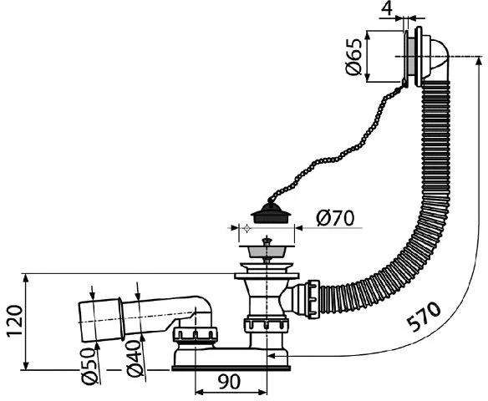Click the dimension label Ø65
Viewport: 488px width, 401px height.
coord(354,57)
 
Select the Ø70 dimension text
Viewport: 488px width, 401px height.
coord(335,218)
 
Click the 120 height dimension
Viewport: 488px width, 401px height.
coord(13,322)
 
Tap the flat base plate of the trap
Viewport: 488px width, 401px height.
coord(234,361)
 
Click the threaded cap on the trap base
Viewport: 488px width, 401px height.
coord(194,337)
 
